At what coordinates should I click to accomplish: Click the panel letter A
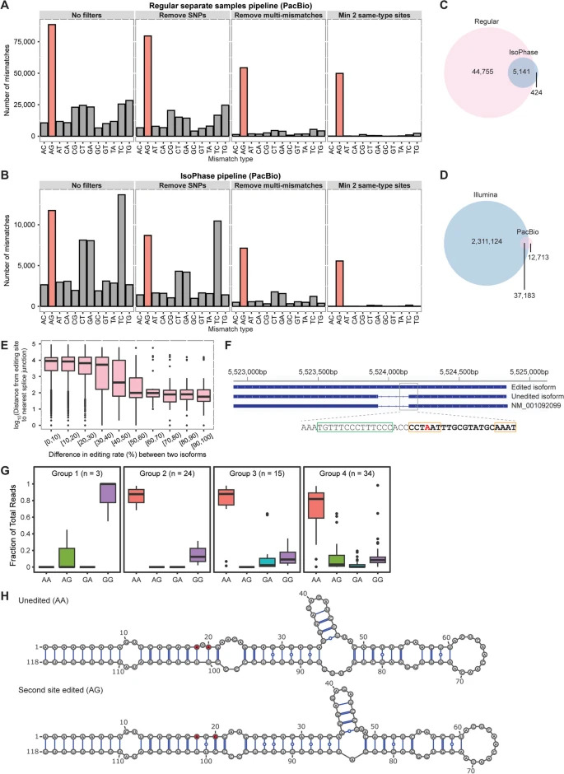(7, 7)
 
